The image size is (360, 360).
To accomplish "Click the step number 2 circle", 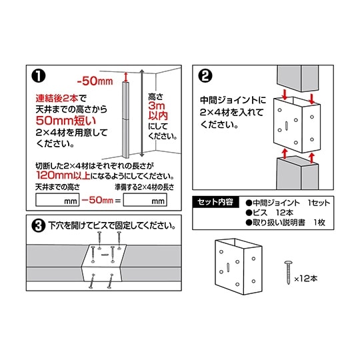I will point(205,73).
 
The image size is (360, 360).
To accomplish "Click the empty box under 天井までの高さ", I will point(57,199).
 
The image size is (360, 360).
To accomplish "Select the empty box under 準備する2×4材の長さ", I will point(145,199).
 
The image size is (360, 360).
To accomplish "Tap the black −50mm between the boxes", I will point(100,199).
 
